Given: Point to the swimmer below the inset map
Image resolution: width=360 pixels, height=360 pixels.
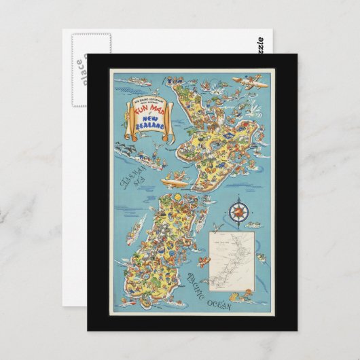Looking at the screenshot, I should pyautogui.click(x=243, y=295).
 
